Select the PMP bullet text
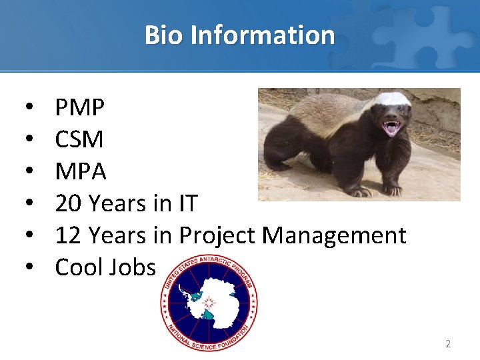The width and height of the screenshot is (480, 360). (x=79, y=107)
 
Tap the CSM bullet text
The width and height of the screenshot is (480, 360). (x=79, y=139)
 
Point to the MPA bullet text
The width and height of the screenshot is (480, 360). (x=81, y=171)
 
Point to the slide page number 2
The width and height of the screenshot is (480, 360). (x=448, y=344)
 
